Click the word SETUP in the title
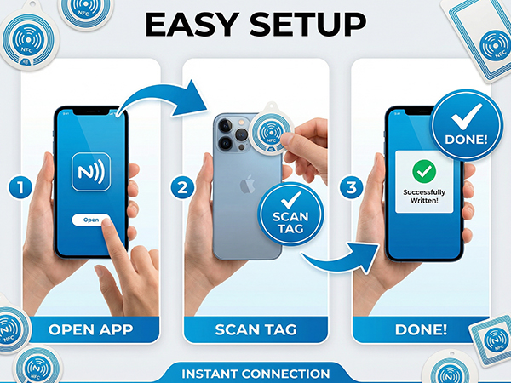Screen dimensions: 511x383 tap(308, 25)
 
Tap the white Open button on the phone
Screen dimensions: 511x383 tap(91, 220)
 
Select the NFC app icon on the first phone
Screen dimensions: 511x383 tap(91, 172)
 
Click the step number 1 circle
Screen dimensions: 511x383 tap(20, 187)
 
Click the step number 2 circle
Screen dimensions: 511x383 tap(182, 187)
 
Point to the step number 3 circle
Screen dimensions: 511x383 tap(351, 187)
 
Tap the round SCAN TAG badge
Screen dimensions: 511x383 tap(290, 214)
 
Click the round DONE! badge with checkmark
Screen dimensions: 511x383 tap(466, 125)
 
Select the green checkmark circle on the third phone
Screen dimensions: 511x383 tap(424, 171)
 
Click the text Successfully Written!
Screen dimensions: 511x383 tap(424, 197)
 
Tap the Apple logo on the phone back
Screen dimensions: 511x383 tap(247, 184)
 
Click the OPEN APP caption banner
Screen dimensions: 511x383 tap(90, 329)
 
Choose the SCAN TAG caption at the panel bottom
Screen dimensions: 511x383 tap(255, 329)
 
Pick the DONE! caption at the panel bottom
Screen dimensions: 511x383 tap(421, 329)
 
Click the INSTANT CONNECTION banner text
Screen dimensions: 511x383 tap(255, 374)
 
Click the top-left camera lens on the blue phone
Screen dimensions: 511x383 tap(225, 125)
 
